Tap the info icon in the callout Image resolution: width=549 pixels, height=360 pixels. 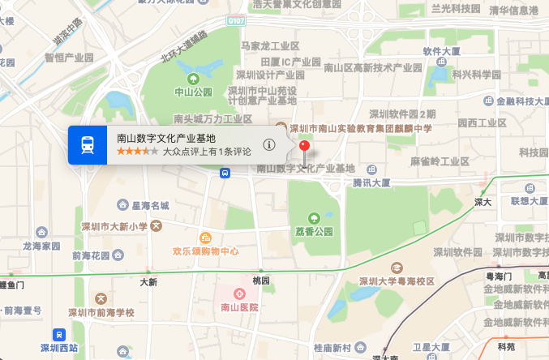tap(269, 144)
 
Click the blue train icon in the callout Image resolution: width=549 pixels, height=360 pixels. tap(87, 144)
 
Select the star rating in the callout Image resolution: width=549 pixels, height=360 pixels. tap(137, 152)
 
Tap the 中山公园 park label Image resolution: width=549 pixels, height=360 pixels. tap(193, 92)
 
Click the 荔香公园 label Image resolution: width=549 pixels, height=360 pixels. tap(313, 231)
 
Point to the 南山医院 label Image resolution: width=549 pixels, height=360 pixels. tap(239, 307)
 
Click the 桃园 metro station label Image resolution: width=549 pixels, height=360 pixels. tap(260, 280)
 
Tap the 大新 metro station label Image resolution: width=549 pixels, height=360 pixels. tap(148, 282)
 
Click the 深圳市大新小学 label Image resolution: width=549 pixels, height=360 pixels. tap(114, 226)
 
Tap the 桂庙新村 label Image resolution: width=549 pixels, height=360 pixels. tap(334, 348)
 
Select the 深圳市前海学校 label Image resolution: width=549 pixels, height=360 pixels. tap(101, 312)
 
